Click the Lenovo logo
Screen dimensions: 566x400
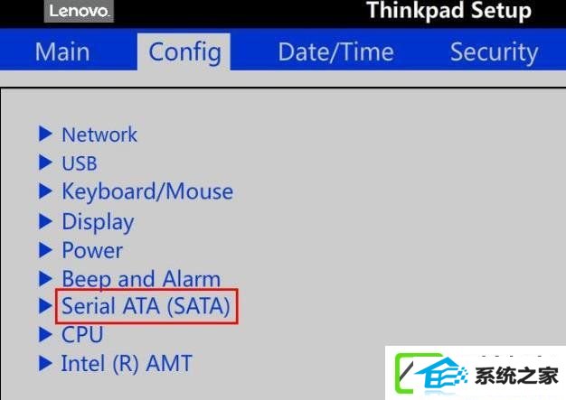(x=79, y=11)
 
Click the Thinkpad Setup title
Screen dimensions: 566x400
(x=448, y=10)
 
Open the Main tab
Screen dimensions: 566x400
(x=62, y=51)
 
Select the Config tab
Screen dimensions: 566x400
(x=184, y=52)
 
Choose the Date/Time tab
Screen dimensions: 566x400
(x=335, y=51)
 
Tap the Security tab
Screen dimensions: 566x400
(x=495, y=52)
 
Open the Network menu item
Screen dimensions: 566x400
(x=99, y=135)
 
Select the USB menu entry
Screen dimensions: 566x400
(x=80, y=163)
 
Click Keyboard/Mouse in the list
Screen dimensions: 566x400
(x=147, y=191)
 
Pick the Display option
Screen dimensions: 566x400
(x=98, y=222)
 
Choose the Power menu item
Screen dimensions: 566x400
(x=92, y=250)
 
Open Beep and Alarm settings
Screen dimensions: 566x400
(x=141, y=279)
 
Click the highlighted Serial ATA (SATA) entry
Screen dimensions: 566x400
(x=146, y=306)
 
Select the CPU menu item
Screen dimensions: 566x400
(x=82, y=335)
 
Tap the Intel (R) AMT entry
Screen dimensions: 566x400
(x=127, y=363)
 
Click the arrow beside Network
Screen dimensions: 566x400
(x=45, y=134)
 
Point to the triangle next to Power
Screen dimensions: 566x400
(x=45, y=250)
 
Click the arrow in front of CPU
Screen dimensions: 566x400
(x=45, y=334)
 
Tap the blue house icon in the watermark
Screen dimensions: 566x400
(x=441, y=375)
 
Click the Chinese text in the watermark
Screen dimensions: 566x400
(x=516, y=377)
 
